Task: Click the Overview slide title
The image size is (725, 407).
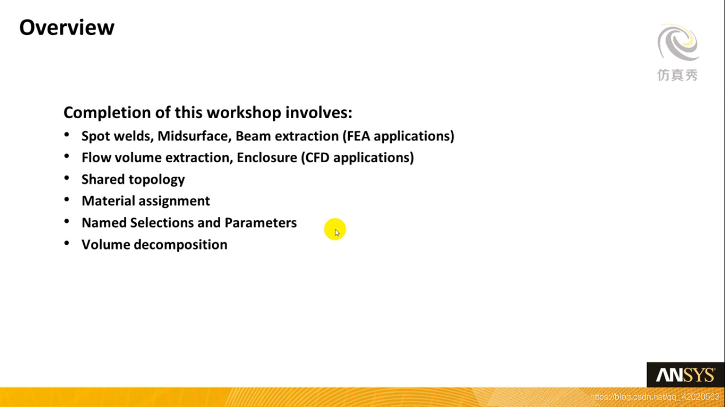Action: click(x=67, y=27)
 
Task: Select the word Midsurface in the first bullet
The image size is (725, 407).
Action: click(x=195, y=136)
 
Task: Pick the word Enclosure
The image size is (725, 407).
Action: click(x=266, y=157)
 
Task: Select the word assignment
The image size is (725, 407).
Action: click(x=174, y=201)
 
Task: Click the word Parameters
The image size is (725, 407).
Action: click(x=261, y=223)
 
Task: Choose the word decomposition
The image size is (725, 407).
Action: click(x=180, y=245)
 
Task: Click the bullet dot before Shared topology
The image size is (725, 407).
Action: click(x=67, y=178)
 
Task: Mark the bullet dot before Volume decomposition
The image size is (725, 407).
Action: click(x=67, y=243)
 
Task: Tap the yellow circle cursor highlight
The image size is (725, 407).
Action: click(x=335, y=229)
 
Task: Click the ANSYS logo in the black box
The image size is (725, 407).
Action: click(x=685, y=375)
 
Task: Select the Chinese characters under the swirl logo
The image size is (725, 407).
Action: click(x=677, y=75)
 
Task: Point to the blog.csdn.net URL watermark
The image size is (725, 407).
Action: click(x=654, y=397)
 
